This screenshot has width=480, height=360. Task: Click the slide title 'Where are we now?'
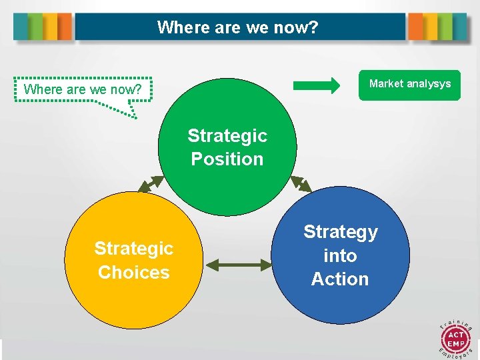click(x=238, y=28)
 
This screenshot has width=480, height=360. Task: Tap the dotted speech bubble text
click(x=83, y=89)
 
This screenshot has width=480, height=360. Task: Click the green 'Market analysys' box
click(x=409, y=85)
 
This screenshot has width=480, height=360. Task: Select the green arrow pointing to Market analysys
click(x=317, y=85)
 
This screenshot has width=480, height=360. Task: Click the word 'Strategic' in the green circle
click(x=227, y=135)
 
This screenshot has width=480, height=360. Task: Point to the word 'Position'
click(x=227, y=159)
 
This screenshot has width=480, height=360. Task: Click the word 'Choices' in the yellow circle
click(x=134, y=272)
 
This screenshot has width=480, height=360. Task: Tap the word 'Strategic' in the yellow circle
click(x=134, y=248)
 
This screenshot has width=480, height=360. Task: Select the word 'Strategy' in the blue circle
click(x=340, y=231)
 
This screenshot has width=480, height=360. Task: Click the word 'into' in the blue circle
click(x=340, y=255)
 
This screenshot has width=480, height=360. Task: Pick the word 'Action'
click(x=340, y=279)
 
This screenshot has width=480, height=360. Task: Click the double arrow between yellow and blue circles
click(x=239, y=265)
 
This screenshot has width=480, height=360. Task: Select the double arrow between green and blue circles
click(x=301, y=184)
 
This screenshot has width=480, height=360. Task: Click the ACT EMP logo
click(x=455, y=336)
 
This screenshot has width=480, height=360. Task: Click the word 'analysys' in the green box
click(x=428, y=84)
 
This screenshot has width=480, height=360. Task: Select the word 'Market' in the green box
click(x=386, y=84)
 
